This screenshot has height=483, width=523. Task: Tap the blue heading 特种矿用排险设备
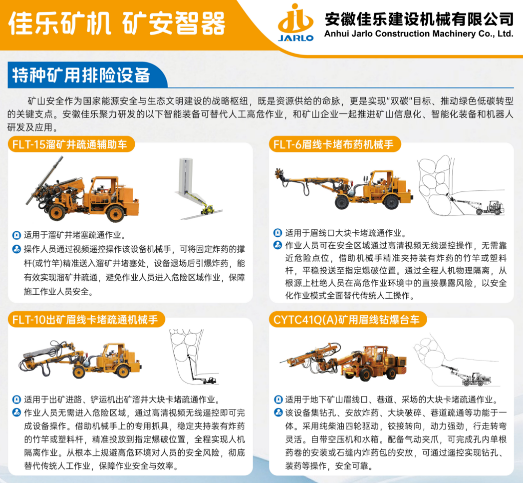pos(81,75)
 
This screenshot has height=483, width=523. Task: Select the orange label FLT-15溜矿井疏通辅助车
pos(70,145)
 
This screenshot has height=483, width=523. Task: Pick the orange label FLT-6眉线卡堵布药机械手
pos(333,145)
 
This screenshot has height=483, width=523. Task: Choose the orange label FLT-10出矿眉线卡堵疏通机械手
pos(85,320)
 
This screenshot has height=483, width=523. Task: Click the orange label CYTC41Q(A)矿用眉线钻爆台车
pos(346,320)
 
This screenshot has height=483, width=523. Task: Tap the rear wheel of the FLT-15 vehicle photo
pos(115,213)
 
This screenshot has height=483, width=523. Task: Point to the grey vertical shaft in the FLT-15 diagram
pos(185,175)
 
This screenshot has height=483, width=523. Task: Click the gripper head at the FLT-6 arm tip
pos(280,173)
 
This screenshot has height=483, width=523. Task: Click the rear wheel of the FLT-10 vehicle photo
pos(123,370)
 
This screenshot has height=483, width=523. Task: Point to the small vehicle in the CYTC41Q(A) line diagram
pos(476,379)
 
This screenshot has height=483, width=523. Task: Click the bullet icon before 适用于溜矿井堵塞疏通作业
pos(16,235)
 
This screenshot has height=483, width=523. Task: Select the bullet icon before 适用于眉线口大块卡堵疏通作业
pos(278,232)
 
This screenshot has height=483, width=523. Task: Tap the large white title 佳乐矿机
pos(59,24)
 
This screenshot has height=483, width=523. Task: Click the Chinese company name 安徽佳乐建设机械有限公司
pos(419,19)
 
